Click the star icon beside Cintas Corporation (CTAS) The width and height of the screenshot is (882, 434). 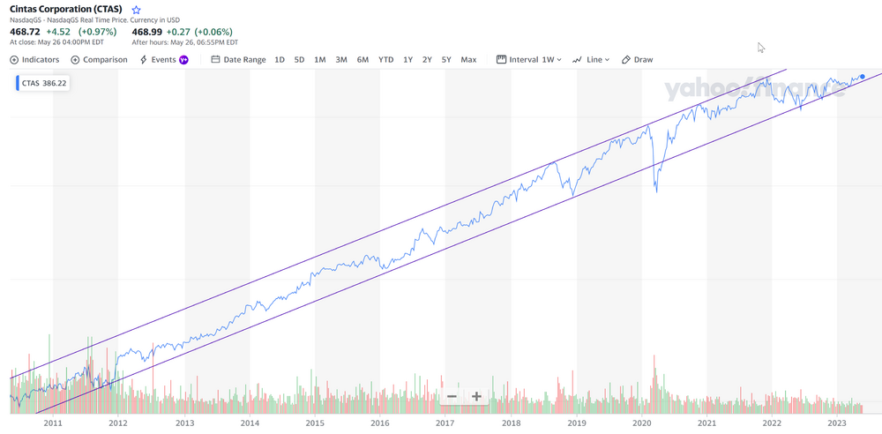(x=136, y=10)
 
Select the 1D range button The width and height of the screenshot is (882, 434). (x=280, y=60)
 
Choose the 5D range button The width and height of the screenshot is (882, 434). (x=299, y=60)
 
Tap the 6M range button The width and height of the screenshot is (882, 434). (x=363, y=60)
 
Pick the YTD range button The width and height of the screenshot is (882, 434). (x=385, y=60)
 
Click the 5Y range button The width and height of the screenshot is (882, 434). (x=446, y=60)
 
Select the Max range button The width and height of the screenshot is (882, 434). (x=468, y=60)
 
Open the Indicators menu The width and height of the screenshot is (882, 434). (x=34, y=60)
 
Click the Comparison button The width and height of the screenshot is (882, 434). (x=99, y=60)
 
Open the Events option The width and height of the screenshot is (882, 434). (x=163, y=60)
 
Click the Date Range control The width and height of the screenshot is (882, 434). (x=238, y=60)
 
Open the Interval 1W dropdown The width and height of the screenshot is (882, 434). (x=529, y=60)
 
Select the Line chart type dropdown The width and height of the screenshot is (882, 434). (x=591, y=60)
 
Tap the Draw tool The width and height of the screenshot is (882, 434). (x=638, y=60)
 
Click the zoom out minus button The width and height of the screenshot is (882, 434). (x=452, y=397)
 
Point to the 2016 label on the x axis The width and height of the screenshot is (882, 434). (x=380, y=423)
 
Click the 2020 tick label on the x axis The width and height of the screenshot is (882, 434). (x=641, y=423)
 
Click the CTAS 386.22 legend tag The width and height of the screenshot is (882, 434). (x=44, y=83)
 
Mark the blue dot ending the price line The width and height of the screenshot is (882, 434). (x=862, y=77)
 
